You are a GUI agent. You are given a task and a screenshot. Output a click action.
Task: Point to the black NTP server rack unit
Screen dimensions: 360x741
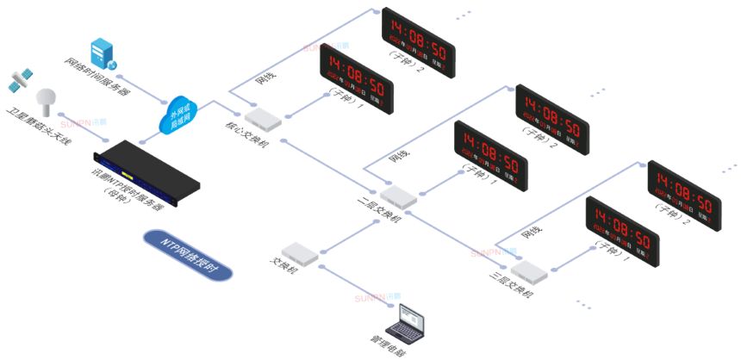146,176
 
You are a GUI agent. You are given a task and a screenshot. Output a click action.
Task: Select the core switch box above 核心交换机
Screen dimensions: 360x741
262,116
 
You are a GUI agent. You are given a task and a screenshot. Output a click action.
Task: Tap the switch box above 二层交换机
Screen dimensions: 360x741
398,196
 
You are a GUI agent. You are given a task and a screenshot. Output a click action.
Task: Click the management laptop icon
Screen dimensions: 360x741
407,322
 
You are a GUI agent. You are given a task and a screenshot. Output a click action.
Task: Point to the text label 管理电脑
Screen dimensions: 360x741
391,347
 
